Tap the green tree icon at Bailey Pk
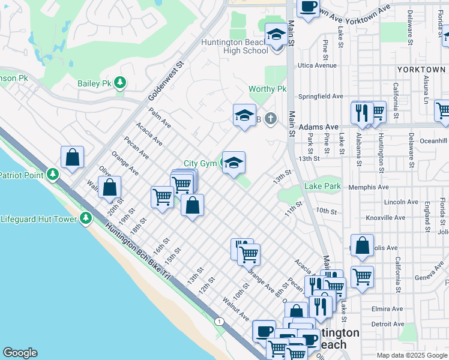click(121, 83)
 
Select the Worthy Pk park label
click(268, 89)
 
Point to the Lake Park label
click(322, 187)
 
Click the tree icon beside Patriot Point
click(53, 175)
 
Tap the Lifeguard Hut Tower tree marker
click(86, 219)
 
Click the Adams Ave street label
click(319, 127)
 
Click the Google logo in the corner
click(20, 353)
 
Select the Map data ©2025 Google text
click(411, 355)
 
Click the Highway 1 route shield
click(220, 322)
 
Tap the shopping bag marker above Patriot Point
click(72, 158)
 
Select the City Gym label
click(199, 163)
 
